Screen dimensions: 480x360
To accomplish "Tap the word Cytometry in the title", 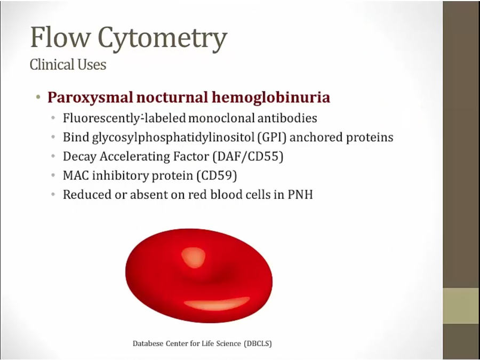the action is pyautogui.click(x=162, y=38).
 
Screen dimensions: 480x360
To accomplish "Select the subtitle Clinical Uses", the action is pyautogui.click(x=68, y=65).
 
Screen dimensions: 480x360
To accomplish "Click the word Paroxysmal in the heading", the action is pyautogui.click(x=90, y=98).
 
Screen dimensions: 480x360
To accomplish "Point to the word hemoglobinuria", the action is pyautogui.click(x=270, y=98).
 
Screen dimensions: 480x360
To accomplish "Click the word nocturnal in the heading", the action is pyautogui.click(x=172, y=98).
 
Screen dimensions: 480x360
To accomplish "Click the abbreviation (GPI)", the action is pyautogui.click(x=272, y=137).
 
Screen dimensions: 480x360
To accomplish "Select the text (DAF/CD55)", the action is pyautogui.click(x=248, y=156).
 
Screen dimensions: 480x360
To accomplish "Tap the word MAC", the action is pyautogui.click(x=76, y=175).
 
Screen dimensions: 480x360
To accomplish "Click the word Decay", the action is pyautogui.click(x=79, y=157).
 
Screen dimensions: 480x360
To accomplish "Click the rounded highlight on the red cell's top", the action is pyautogui.click(x=194, y=258).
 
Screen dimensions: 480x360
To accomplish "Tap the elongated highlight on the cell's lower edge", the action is pyautogui.click(x=217, y=303).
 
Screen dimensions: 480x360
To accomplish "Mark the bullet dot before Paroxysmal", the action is pyautogui.click(x=38, y=98).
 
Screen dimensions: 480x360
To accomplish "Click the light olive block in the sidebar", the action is pyautogui.click(x=461, y=306).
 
